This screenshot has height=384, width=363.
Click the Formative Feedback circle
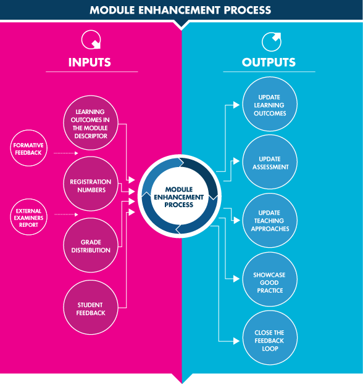(x=28, y=148)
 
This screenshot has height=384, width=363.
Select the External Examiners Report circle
(x=28, y=217)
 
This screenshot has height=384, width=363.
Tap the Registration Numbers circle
(x=91, y=184)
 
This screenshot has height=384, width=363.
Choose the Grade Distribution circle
(x=91, y=245)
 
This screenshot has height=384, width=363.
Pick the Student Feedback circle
(x=91, y=308)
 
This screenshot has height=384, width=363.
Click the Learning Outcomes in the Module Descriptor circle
(x=91, y=123)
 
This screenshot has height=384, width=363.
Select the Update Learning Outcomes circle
(x=270, y=104)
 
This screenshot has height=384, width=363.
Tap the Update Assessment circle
(x=270, y=162)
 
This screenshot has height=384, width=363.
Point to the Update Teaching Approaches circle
(x=270, y=221)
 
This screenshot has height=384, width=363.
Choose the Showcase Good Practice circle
(x=270, y=279)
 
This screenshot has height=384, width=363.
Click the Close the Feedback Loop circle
(x=270, y=338)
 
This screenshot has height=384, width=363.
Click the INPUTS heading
(x=90, y=62)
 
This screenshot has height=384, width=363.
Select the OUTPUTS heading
(x=269, y=62)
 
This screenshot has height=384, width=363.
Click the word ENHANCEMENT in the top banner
(x=179, y=10)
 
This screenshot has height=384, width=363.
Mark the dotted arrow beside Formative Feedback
(x=65, y=153)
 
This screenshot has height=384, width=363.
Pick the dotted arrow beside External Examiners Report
(x=66, y=214)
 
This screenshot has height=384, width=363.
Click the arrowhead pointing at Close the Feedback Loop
(x=236, y=341)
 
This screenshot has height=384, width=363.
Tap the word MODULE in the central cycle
(x=179, y=190)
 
